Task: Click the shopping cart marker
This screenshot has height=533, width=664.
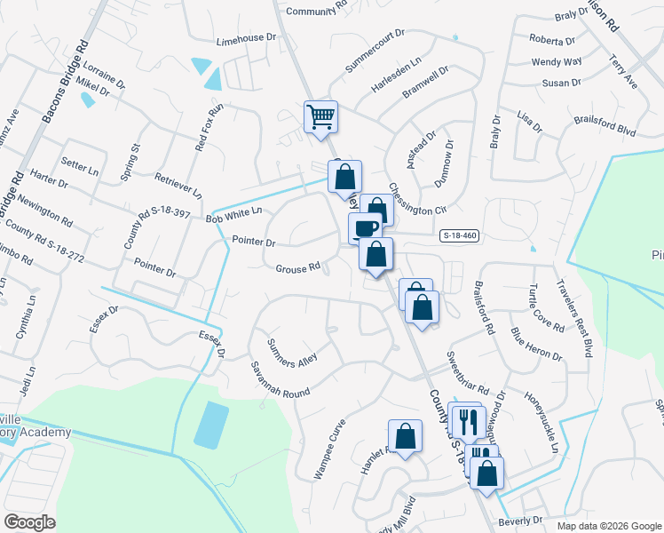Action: (x=320, y=116)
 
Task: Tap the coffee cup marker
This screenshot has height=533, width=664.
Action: (x=364, y=229)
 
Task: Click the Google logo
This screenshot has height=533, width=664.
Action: (x=29, y=522)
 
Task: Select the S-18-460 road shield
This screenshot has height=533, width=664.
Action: (x=459, y=236)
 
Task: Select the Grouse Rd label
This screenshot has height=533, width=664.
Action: (x=297, y=268)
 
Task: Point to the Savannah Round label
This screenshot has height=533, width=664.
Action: (x=279, y=379)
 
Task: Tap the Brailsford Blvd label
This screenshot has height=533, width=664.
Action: (x=605, y=125)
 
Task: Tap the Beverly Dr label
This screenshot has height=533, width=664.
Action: (x=520, y=521)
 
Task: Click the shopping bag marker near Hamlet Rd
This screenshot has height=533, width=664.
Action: (x=405, y=437)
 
